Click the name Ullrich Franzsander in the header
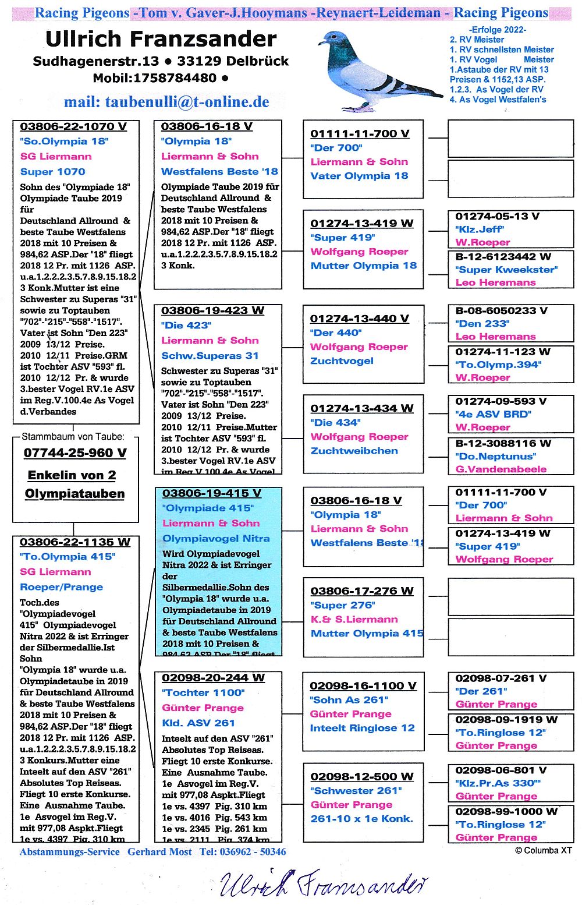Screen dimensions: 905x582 pos(161,39)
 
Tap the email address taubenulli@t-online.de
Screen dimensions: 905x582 pos(166,102)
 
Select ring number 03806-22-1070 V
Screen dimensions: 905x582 pos(73,126)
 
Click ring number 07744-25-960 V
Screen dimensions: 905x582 pos(75,452)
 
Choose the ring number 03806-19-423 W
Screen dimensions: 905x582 pos(212,310)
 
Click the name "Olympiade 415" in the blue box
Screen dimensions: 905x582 pos(208,508)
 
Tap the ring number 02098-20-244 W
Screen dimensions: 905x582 pos(213,678)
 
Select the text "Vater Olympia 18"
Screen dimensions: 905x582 pos(359,176)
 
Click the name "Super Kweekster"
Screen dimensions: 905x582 pos(506,270)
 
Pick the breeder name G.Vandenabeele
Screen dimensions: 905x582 pos(501,469)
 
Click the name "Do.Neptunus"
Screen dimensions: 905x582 pos(495,456)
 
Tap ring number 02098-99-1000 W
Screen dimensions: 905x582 pos(506,811)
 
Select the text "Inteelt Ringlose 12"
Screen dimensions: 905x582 pos(362,728)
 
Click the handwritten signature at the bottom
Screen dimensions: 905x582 pos(323,883)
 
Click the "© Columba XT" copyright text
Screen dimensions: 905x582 pos(543,851)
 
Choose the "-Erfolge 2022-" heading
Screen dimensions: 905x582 pos(497,30)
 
